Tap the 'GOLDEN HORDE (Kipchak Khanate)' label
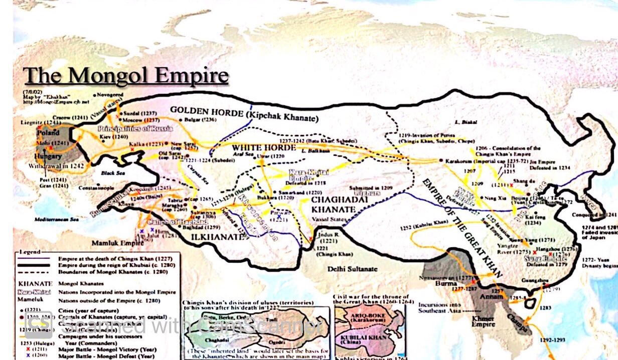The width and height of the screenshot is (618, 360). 244,114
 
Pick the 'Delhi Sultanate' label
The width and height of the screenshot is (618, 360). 352,269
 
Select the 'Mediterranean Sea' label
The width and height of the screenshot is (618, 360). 57,220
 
